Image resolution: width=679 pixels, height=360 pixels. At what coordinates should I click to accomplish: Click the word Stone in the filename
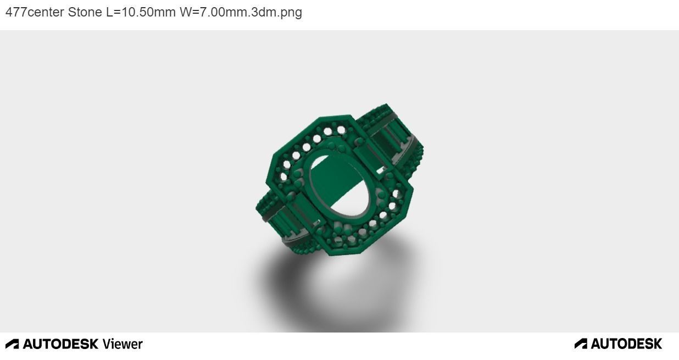85,12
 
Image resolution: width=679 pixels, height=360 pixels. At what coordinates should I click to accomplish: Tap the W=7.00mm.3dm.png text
241,12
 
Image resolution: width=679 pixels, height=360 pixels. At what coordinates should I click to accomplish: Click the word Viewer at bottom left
122,344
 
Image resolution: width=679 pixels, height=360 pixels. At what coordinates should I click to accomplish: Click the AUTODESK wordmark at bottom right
626,344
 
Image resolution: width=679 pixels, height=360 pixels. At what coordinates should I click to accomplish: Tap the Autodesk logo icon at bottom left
12,344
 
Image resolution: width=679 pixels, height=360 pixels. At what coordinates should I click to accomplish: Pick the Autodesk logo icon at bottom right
581,344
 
